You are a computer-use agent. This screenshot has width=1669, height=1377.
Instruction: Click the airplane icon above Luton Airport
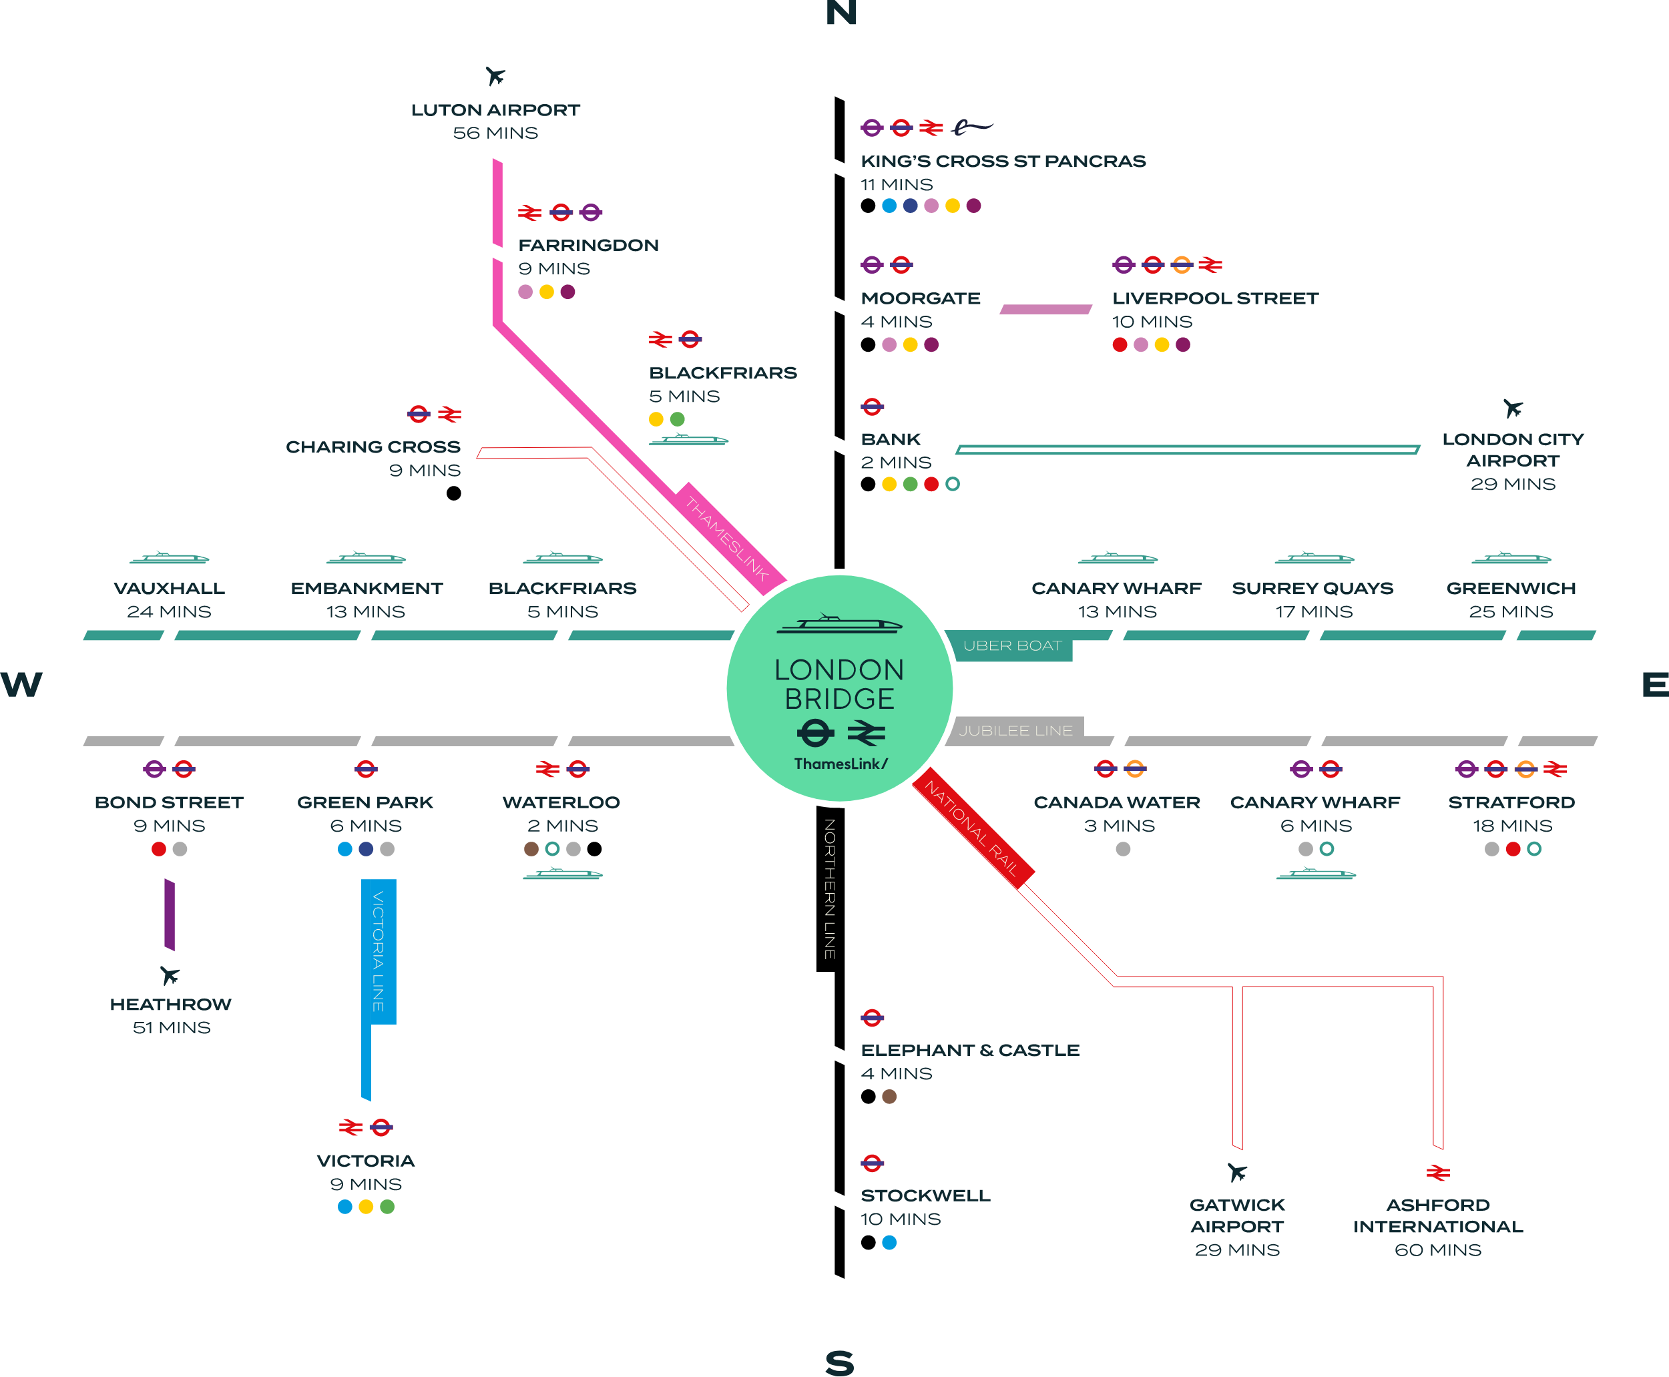coord(496,76)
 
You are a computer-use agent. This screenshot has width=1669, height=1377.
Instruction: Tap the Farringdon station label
coord(587,245)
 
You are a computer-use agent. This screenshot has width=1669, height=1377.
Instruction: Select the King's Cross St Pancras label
coord(1003,161)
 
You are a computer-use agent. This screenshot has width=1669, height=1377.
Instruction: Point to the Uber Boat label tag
coord(1011,645)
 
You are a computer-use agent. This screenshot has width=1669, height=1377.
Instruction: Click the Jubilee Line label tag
coord(1015,730)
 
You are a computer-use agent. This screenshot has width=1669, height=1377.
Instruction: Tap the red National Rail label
coord(973,827)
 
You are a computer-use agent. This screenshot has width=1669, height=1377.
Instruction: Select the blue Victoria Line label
coord(379,951)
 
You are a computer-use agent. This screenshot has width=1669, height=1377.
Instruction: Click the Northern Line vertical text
coord(830,888)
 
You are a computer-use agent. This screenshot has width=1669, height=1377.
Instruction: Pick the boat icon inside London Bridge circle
coord(839,624)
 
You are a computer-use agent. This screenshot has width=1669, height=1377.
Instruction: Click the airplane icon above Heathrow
coord(170,975)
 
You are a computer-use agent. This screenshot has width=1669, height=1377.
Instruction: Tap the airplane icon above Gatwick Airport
coord(1236,1171)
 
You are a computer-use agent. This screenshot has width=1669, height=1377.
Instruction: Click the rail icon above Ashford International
coord(1438,1172)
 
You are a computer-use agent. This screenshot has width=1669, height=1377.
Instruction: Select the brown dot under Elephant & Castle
coord(889,1096)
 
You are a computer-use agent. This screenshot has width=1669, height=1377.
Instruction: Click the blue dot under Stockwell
coord(889,1242)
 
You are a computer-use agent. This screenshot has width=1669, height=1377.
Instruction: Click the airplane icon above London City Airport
coord(1513,408)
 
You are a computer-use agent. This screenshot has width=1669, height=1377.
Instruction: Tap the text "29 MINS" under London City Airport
coord(1513,484)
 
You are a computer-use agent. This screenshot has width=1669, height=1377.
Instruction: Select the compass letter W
coord(21,685)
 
